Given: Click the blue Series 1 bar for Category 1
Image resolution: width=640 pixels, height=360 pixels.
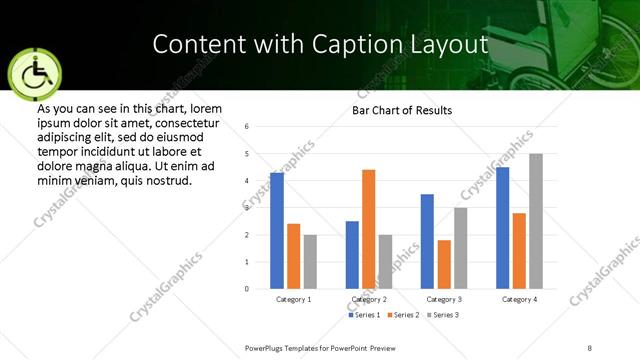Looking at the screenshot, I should tap(277, 231).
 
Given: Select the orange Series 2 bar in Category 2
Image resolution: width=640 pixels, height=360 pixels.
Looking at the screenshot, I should tap(368, 229).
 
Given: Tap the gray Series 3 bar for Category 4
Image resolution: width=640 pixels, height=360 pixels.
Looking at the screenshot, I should tap(536, 221).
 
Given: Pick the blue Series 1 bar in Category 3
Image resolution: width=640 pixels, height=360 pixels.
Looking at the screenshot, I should tap(427, 241).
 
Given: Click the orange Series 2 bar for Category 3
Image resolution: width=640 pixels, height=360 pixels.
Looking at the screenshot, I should tap(444, 264).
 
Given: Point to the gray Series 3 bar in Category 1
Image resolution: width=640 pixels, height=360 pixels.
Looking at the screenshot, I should tap(310, 262).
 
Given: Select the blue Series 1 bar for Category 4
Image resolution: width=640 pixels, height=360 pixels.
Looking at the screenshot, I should tap(503, 228).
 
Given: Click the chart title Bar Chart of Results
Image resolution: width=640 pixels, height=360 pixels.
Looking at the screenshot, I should tap(402, 110).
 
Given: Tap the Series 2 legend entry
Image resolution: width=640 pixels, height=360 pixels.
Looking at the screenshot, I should tap(402, 315).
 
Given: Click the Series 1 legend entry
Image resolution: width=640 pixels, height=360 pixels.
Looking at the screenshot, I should tap(362, 315).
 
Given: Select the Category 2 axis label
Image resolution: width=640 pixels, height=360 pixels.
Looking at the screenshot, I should tap(369, 299).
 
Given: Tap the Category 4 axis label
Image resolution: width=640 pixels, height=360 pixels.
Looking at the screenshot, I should tap(519, 299).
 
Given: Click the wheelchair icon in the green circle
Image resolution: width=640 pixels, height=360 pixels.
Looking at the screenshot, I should tap(33, 74).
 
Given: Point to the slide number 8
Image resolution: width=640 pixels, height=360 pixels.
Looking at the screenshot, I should tap(590, 348).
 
